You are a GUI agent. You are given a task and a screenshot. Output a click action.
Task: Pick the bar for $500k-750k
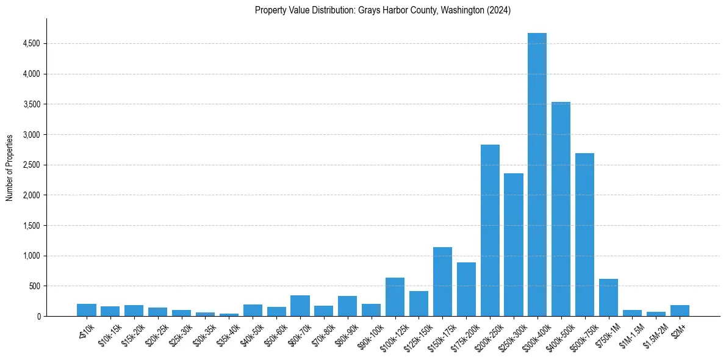[x=584, y=234]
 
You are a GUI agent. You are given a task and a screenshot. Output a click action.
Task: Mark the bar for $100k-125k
[x=395, y=297]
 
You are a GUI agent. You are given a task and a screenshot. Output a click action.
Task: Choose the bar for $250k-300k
[x=514, y=245]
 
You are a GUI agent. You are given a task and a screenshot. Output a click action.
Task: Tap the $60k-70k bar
[x=300, y=306]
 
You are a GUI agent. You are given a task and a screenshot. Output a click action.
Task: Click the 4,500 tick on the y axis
[x=31, y=44]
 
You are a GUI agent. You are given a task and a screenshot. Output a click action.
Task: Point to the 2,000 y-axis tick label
[x=31, y=195]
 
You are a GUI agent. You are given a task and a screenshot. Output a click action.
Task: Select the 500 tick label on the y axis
[x=34, y=286]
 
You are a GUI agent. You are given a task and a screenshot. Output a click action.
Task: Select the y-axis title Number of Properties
[x=10, y=168]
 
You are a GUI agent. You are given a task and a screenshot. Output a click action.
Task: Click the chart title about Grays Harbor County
[x=383, y=10]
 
